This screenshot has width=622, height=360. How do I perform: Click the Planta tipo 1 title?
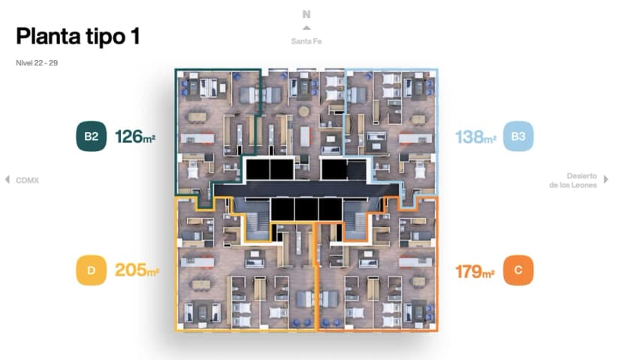pos(77,36)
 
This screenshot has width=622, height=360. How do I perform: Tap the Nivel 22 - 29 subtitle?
pos(36,63)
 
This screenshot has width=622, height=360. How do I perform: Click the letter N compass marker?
pos(306,14)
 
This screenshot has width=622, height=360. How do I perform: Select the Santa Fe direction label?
pos(306,41)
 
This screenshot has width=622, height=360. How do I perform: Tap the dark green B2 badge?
pos(91,137)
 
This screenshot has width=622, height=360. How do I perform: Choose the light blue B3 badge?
pos(518,137)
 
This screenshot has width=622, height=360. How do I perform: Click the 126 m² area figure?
pos(135,137)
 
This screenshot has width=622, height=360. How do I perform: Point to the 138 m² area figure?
pos(475,138)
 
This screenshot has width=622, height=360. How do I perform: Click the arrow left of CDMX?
pos(8,180)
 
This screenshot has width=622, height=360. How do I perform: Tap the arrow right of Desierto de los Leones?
pos(606,180)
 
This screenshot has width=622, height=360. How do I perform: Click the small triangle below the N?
pos(306,28)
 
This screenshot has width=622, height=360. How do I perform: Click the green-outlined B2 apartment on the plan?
pos(210,128)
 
